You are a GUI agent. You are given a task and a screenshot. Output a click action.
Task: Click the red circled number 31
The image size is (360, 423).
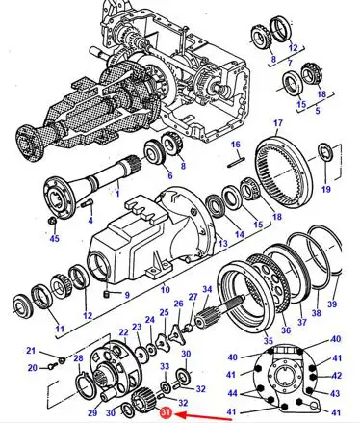point(166,413)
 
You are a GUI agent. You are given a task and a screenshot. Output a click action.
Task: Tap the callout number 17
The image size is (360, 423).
point(278,123)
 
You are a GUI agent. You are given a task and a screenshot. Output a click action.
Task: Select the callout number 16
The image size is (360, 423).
point(236,145)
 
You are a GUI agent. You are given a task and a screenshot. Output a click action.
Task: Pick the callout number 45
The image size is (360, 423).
point(55,238)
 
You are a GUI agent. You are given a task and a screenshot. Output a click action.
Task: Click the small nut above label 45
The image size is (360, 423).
point(53,221)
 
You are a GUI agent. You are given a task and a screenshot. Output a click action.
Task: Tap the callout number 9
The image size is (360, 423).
point(127,295)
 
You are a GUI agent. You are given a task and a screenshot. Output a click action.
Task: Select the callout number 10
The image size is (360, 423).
point(165,289)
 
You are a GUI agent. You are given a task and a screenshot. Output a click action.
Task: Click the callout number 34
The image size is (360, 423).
point(207,289)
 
